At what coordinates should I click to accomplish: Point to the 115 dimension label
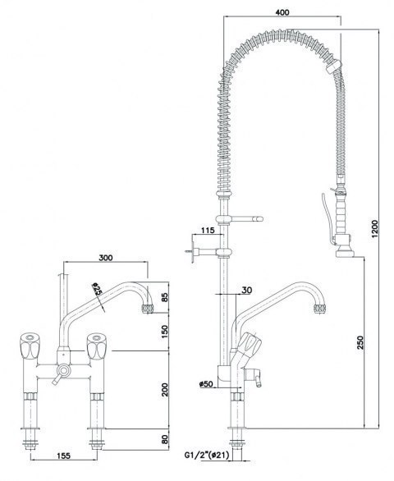pos(207,231)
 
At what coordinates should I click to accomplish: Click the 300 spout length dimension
pos(106,257)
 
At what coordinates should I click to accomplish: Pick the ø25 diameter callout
pos(98,291)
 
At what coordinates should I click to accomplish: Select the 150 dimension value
pos(164,331)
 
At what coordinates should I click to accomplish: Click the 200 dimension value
pos(164,387)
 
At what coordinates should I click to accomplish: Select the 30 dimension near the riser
pos(246,288)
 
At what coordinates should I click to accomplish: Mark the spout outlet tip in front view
pos(149,309)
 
